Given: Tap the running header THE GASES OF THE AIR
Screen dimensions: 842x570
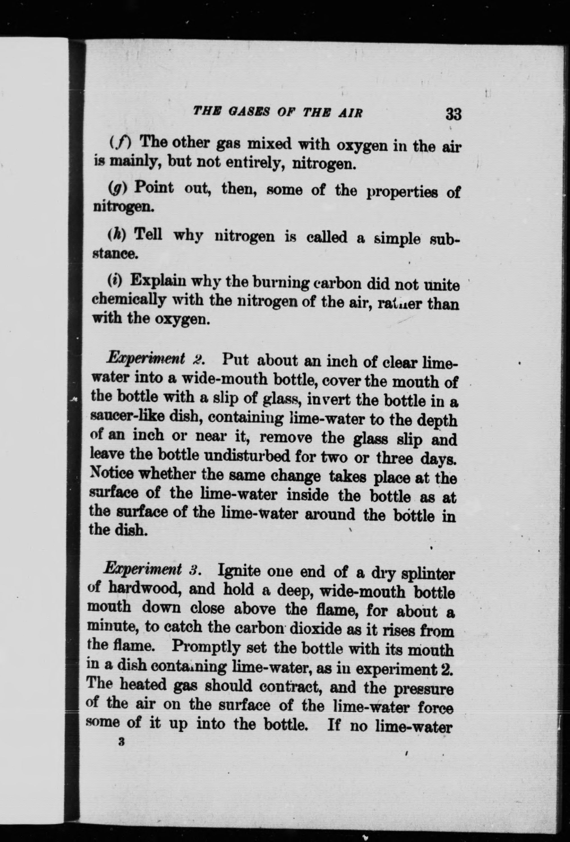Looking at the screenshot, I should tap(278, 111).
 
